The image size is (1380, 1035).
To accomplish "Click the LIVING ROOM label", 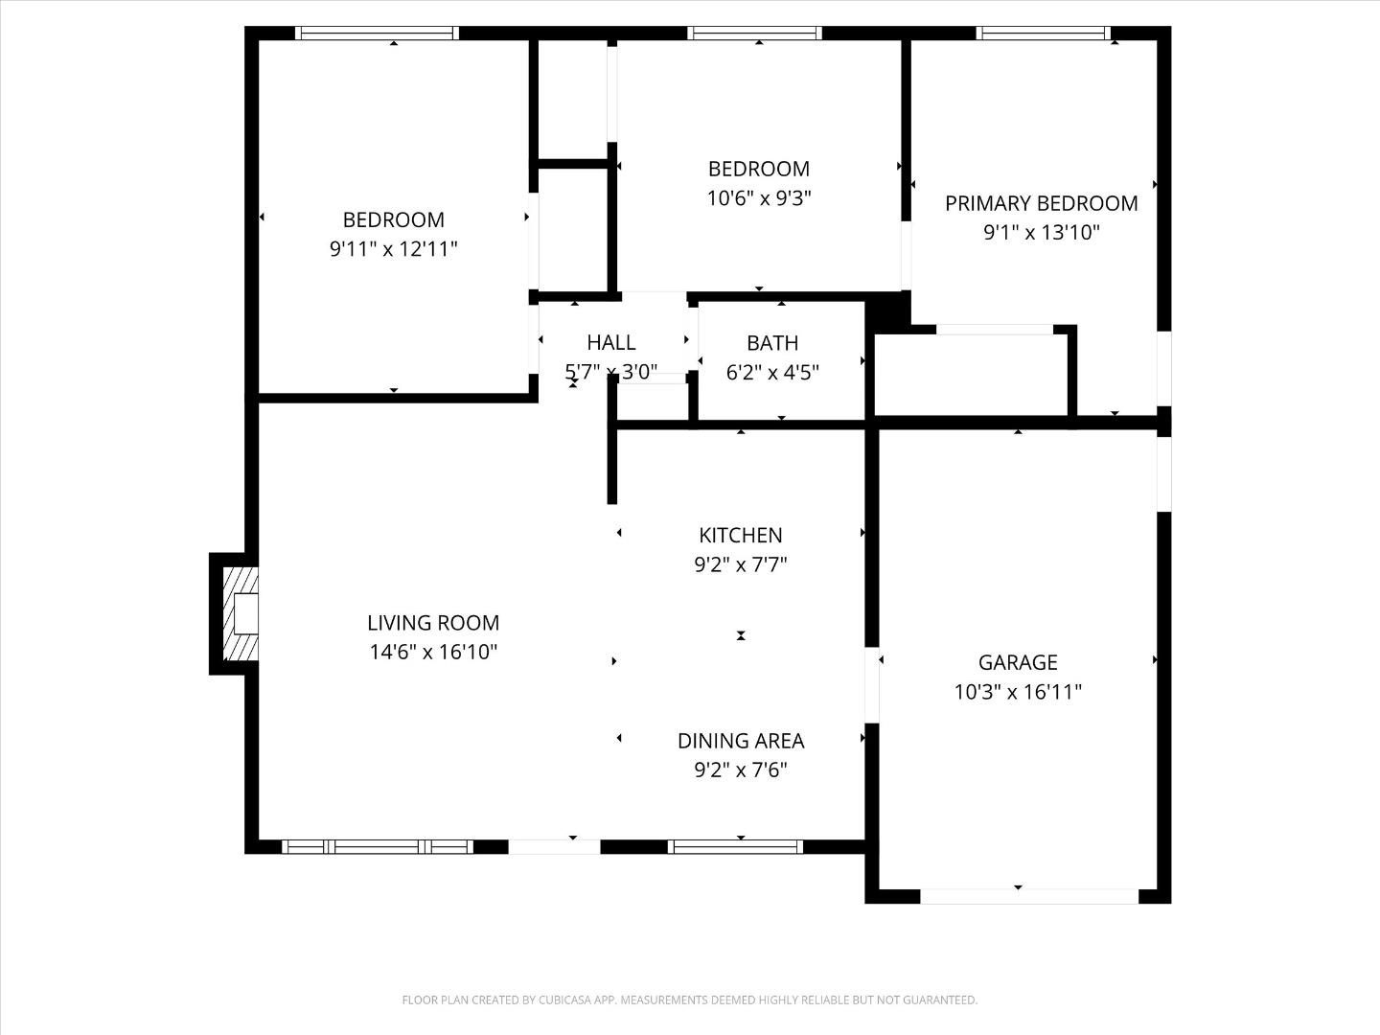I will [x=433, y=623].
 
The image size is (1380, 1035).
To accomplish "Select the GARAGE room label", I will [x=1018, y=662].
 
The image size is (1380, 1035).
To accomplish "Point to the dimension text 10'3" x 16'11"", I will [x=1018, y=692].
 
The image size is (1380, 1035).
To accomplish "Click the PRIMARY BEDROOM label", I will [x=1041, y=203].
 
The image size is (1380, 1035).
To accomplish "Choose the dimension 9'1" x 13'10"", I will [x=1041, y=232].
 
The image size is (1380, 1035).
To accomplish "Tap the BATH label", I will [x=771, y=343].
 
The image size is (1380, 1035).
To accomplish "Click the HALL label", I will [x=610, y=342].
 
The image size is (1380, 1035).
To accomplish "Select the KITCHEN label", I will [x=740, y=536].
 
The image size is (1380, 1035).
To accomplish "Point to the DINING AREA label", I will [x=740, y=741].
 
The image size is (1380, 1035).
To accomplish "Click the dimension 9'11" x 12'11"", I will [x=393, y=249].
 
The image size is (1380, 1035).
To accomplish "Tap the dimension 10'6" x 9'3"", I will [x=759, y=198].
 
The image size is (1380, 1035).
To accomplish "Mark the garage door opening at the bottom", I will [x=1028, y=896].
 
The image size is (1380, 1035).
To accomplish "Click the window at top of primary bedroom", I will [x=1043, y=34].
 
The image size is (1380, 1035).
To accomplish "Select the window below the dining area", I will [x=734, y=846].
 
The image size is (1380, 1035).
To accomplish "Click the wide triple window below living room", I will [x=378, y=846].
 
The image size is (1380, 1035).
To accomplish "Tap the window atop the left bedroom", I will [x=377, y=34].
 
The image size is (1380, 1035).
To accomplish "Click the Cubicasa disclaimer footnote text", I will [x=689, y=1000].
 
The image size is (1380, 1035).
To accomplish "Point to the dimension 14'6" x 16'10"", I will [x=433, y=653].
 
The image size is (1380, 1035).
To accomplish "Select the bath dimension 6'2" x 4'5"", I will [x=771, y=373].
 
